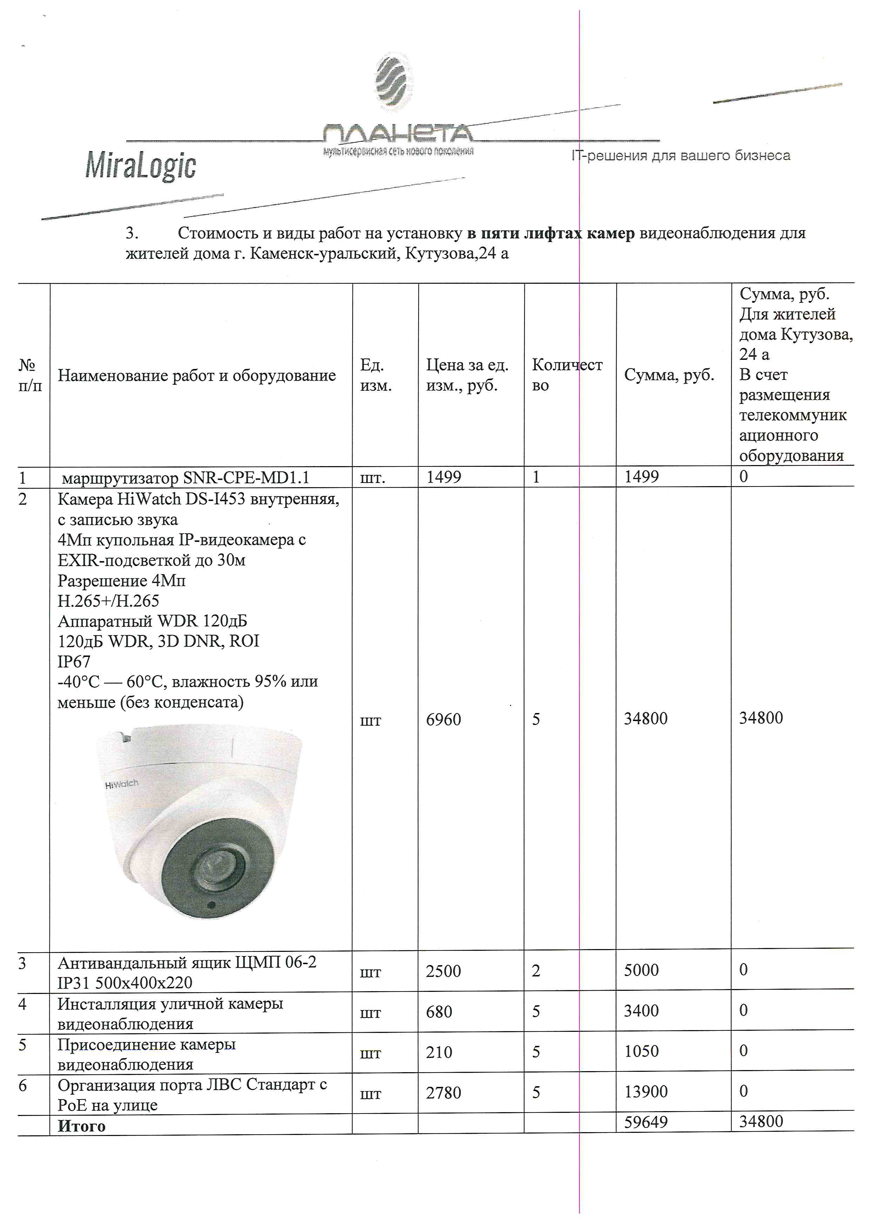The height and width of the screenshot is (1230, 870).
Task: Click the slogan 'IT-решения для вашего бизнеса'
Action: click(x=680, y=156)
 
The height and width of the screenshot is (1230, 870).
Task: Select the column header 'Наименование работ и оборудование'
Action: click(x=196, y=376)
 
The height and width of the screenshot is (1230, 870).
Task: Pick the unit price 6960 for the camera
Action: click(x=443, y=719)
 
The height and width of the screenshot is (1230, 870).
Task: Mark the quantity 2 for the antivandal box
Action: click(x=536, y=971)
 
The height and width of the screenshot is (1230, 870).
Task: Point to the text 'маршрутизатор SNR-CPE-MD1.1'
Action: click(x=185, y=477)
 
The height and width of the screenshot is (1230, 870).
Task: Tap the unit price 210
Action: click(x=439, y=1052)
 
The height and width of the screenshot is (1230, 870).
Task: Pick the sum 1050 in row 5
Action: click(x=641, y=1051)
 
